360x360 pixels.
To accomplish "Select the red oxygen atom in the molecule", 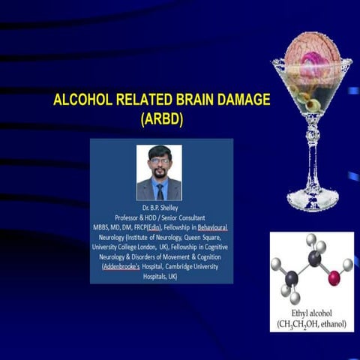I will click(334, 279).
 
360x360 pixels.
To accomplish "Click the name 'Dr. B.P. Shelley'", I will click(162, 207).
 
